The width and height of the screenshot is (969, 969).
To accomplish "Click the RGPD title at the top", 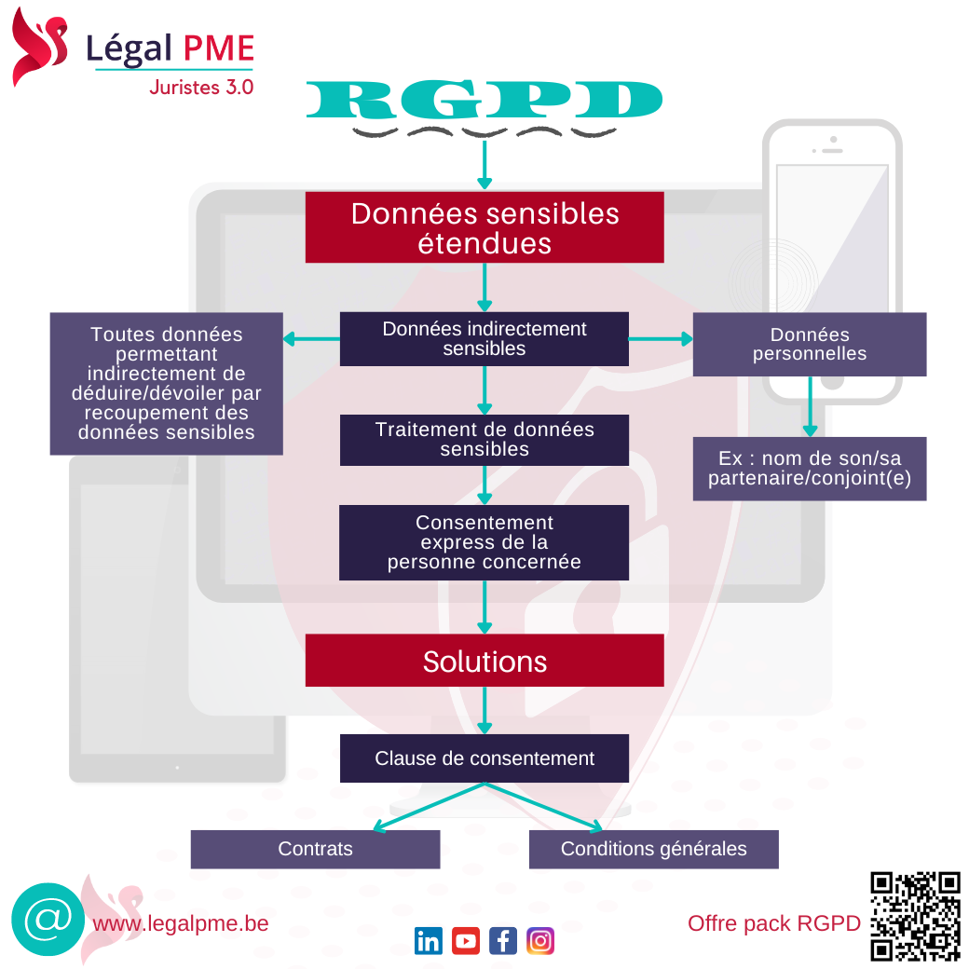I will tap(484, 101).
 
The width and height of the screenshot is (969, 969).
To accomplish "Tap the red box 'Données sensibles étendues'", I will tap(484, 227).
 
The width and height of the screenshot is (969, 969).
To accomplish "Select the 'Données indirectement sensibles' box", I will tap(484, 338).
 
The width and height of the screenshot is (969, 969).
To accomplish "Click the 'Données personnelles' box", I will tap(809, 344).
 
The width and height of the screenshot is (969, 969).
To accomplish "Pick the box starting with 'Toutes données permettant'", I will tap(166, 383).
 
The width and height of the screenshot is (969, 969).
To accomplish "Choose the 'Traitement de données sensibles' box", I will tap(484, 440).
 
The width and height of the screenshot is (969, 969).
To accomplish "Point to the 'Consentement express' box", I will tap(484, 542).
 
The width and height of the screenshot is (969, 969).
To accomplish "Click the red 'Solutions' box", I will tap(484, 661).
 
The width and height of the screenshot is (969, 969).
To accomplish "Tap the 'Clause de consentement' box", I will tap(484, 758).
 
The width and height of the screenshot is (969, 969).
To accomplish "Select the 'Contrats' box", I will tap(315, 849).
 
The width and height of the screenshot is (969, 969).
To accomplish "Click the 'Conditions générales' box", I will tap(653, 849).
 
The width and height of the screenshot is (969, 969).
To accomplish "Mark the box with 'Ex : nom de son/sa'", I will tap(809, 469).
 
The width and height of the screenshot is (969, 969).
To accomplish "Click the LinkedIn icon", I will tap(429, 941).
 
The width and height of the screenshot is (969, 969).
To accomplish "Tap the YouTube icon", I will tap(466, 941).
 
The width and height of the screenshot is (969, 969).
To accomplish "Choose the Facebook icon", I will tap(502, 941).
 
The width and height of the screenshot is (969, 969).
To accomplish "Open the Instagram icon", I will tap(539, 941).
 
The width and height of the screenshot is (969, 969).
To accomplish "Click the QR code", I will tap(915, 916).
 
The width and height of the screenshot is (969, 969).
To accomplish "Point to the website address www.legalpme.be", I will tap(181, 923).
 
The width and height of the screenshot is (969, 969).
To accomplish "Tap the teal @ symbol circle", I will tap(43, 920).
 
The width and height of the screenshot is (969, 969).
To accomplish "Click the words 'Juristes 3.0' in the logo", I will tap(200, 87).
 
